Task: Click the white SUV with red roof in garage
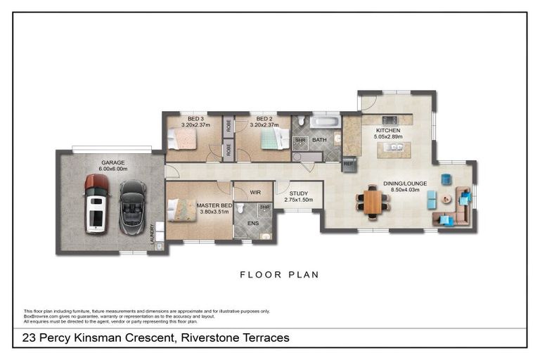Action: (96, 204)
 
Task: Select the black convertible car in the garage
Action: (132, 207)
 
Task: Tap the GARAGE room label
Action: (112, 162)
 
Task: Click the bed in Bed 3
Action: (182, 141)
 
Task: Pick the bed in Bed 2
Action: (272, 139)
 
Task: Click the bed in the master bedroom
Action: (181, 210)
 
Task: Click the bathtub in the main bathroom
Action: (325, 122)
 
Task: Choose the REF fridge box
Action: (348, 164)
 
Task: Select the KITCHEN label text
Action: (388, 131)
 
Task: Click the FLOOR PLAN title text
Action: (279, 275)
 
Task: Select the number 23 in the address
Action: (30, 338)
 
